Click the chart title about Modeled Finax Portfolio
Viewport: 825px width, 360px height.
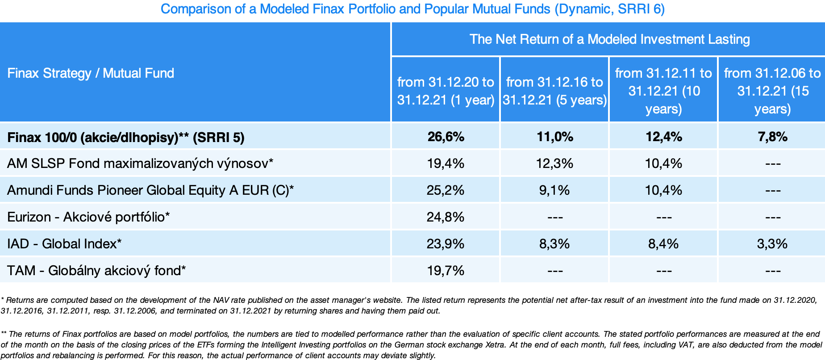coord(412,9)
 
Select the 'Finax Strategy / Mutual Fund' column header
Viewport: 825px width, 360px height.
coord(91,73)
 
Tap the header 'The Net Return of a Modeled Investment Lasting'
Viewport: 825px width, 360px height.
coord(609,39)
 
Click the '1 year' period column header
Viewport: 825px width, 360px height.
coord(446,91)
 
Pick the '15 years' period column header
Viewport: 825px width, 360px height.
coord(772,91)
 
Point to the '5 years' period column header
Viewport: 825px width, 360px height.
coord(554,91)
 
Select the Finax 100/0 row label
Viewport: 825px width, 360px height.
coord(126,137)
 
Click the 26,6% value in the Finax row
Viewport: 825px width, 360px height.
coord(446,137)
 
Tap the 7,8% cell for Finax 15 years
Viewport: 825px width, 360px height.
coord(772,137)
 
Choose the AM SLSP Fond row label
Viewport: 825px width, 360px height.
coord(140,163)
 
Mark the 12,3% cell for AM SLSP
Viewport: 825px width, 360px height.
coord(554,163)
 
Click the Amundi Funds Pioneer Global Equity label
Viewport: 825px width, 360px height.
coord(150,190)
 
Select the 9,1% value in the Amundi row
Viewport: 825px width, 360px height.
coord(554,190)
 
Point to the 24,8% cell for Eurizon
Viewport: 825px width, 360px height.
coord(446,217)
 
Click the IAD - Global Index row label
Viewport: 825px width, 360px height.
coord(64,244)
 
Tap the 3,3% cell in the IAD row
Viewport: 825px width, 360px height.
coord(772,244)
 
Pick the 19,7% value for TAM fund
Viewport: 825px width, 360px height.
coord(446,271)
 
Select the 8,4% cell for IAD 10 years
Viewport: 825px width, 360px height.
coord(663,244)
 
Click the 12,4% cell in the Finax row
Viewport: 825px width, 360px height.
coord(663,137)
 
